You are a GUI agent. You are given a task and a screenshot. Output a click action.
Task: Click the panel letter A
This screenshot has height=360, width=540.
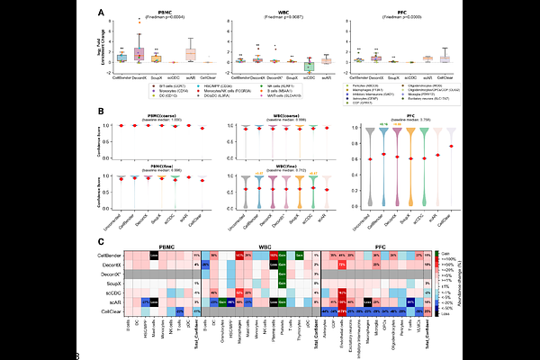[101, 13]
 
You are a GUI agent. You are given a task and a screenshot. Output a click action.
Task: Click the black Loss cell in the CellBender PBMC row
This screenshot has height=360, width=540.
[154, 256]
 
